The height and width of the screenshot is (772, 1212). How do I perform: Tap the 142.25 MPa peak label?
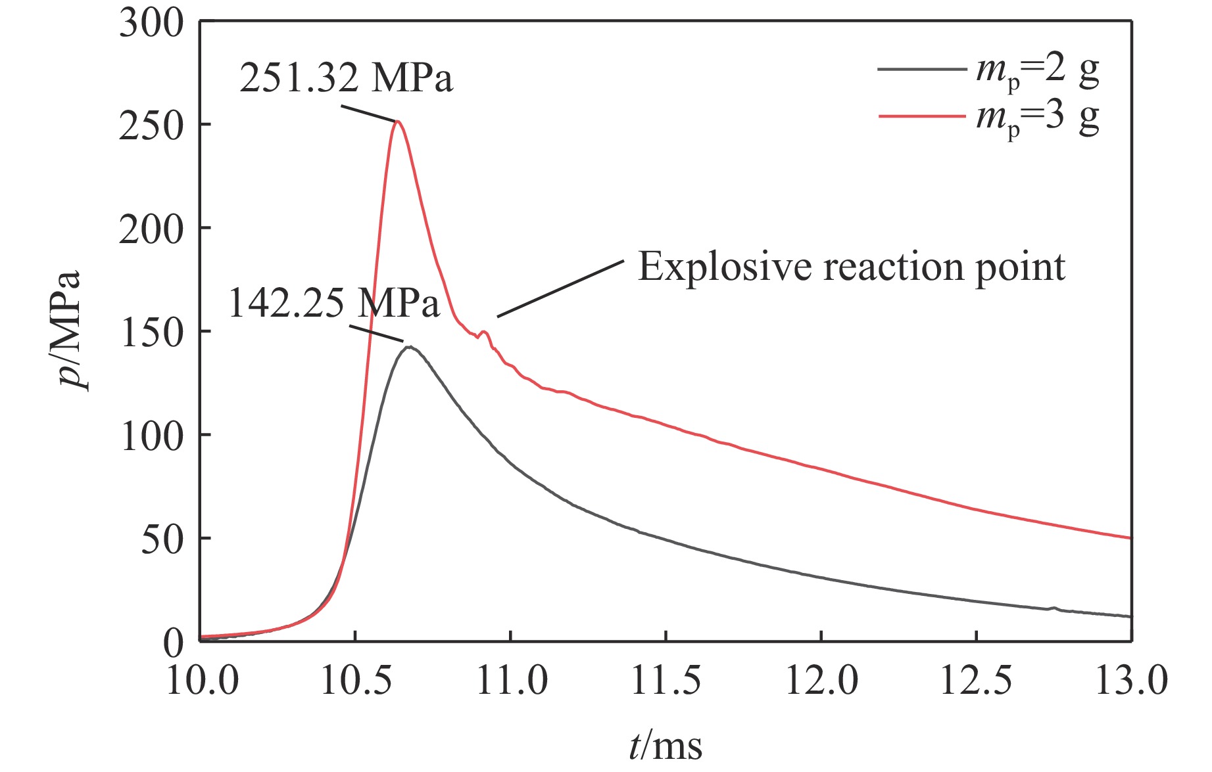(x=333, y=304)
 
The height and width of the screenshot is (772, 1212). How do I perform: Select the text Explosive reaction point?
(x=851, y=267)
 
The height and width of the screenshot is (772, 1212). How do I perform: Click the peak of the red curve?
(x=397, y=122)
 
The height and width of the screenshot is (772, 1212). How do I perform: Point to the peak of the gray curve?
(x=409, y=346)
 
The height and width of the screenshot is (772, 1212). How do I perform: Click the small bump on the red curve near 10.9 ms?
(x=485, y=332)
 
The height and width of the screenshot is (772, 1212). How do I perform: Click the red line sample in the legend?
(x=922, y=116)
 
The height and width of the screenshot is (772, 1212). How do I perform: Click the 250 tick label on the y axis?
(x=151, y=126)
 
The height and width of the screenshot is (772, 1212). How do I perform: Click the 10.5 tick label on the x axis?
(x=356, y=681)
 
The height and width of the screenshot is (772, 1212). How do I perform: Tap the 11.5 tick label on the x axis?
(x=666, y=681)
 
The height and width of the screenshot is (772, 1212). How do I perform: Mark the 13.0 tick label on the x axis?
(x=1131, y=681)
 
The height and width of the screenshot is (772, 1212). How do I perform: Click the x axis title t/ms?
(x=666, y=746)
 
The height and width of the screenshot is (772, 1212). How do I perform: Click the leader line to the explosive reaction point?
(x=560, y=288)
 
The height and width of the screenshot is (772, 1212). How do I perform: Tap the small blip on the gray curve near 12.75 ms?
(x=1054, y=608)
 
